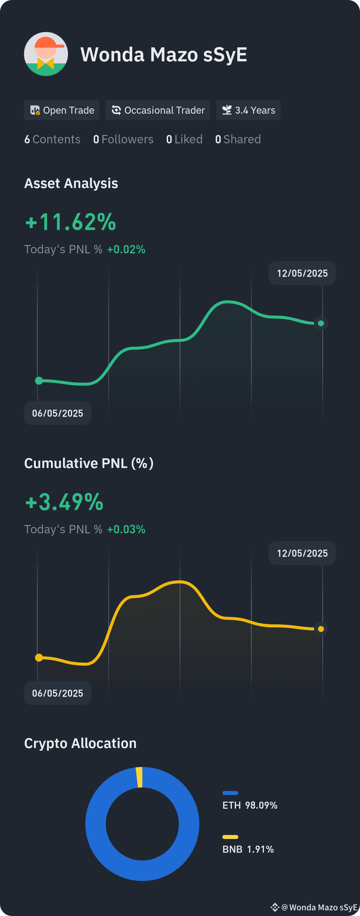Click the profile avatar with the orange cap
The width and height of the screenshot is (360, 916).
[46, 54]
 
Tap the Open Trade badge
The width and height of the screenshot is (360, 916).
[62, 110]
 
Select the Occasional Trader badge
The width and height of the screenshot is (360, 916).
[158, 110]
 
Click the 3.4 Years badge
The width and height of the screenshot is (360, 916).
[248, 110]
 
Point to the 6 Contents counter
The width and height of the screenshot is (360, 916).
[52, 139]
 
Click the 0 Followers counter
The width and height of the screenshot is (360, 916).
[123, 139]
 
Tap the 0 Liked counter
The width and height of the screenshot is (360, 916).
[184, 139]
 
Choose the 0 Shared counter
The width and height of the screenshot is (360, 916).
[238, 139]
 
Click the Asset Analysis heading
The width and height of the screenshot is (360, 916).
[71, 183]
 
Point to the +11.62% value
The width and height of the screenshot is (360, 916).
[71, 222]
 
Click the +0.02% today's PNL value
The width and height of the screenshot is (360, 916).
[126, 250]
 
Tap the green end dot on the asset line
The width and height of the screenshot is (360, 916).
[321, 323]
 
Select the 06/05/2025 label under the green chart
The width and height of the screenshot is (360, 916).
[58, 413]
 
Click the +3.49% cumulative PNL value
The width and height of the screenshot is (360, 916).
[64, 502]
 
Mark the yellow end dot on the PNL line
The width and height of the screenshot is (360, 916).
[321, 629]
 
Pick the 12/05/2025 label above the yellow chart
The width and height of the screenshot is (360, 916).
[302, 553]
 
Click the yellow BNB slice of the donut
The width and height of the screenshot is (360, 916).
[139, 777]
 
